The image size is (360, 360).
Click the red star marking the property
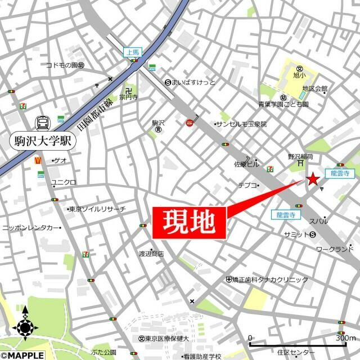pyautogui.click(x=313, y=179)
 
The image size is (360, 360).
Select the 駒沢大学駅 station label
pyautogui.click(x=42, y=141)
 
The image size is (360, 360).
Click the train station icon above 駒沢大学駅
pyautogui.click(x=42, y=122)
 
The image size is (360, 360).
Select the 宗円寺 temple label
pyautogui.click(x=129, y=96)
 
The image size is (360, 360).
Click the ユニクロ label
pyautogui.click(x=64, y=182)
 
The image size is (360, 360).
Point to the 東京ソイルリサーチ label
pyautogui.click(x=97, y=209)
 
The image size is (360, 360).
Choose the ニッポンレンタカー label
pyautogui.click(x=31, y=227)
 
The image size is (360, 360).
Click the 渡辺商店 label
pyautogui.click(x=151, y=254)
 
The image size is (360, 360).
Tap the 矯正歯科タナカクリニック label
pyautogui.click(x=271, y=280)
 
